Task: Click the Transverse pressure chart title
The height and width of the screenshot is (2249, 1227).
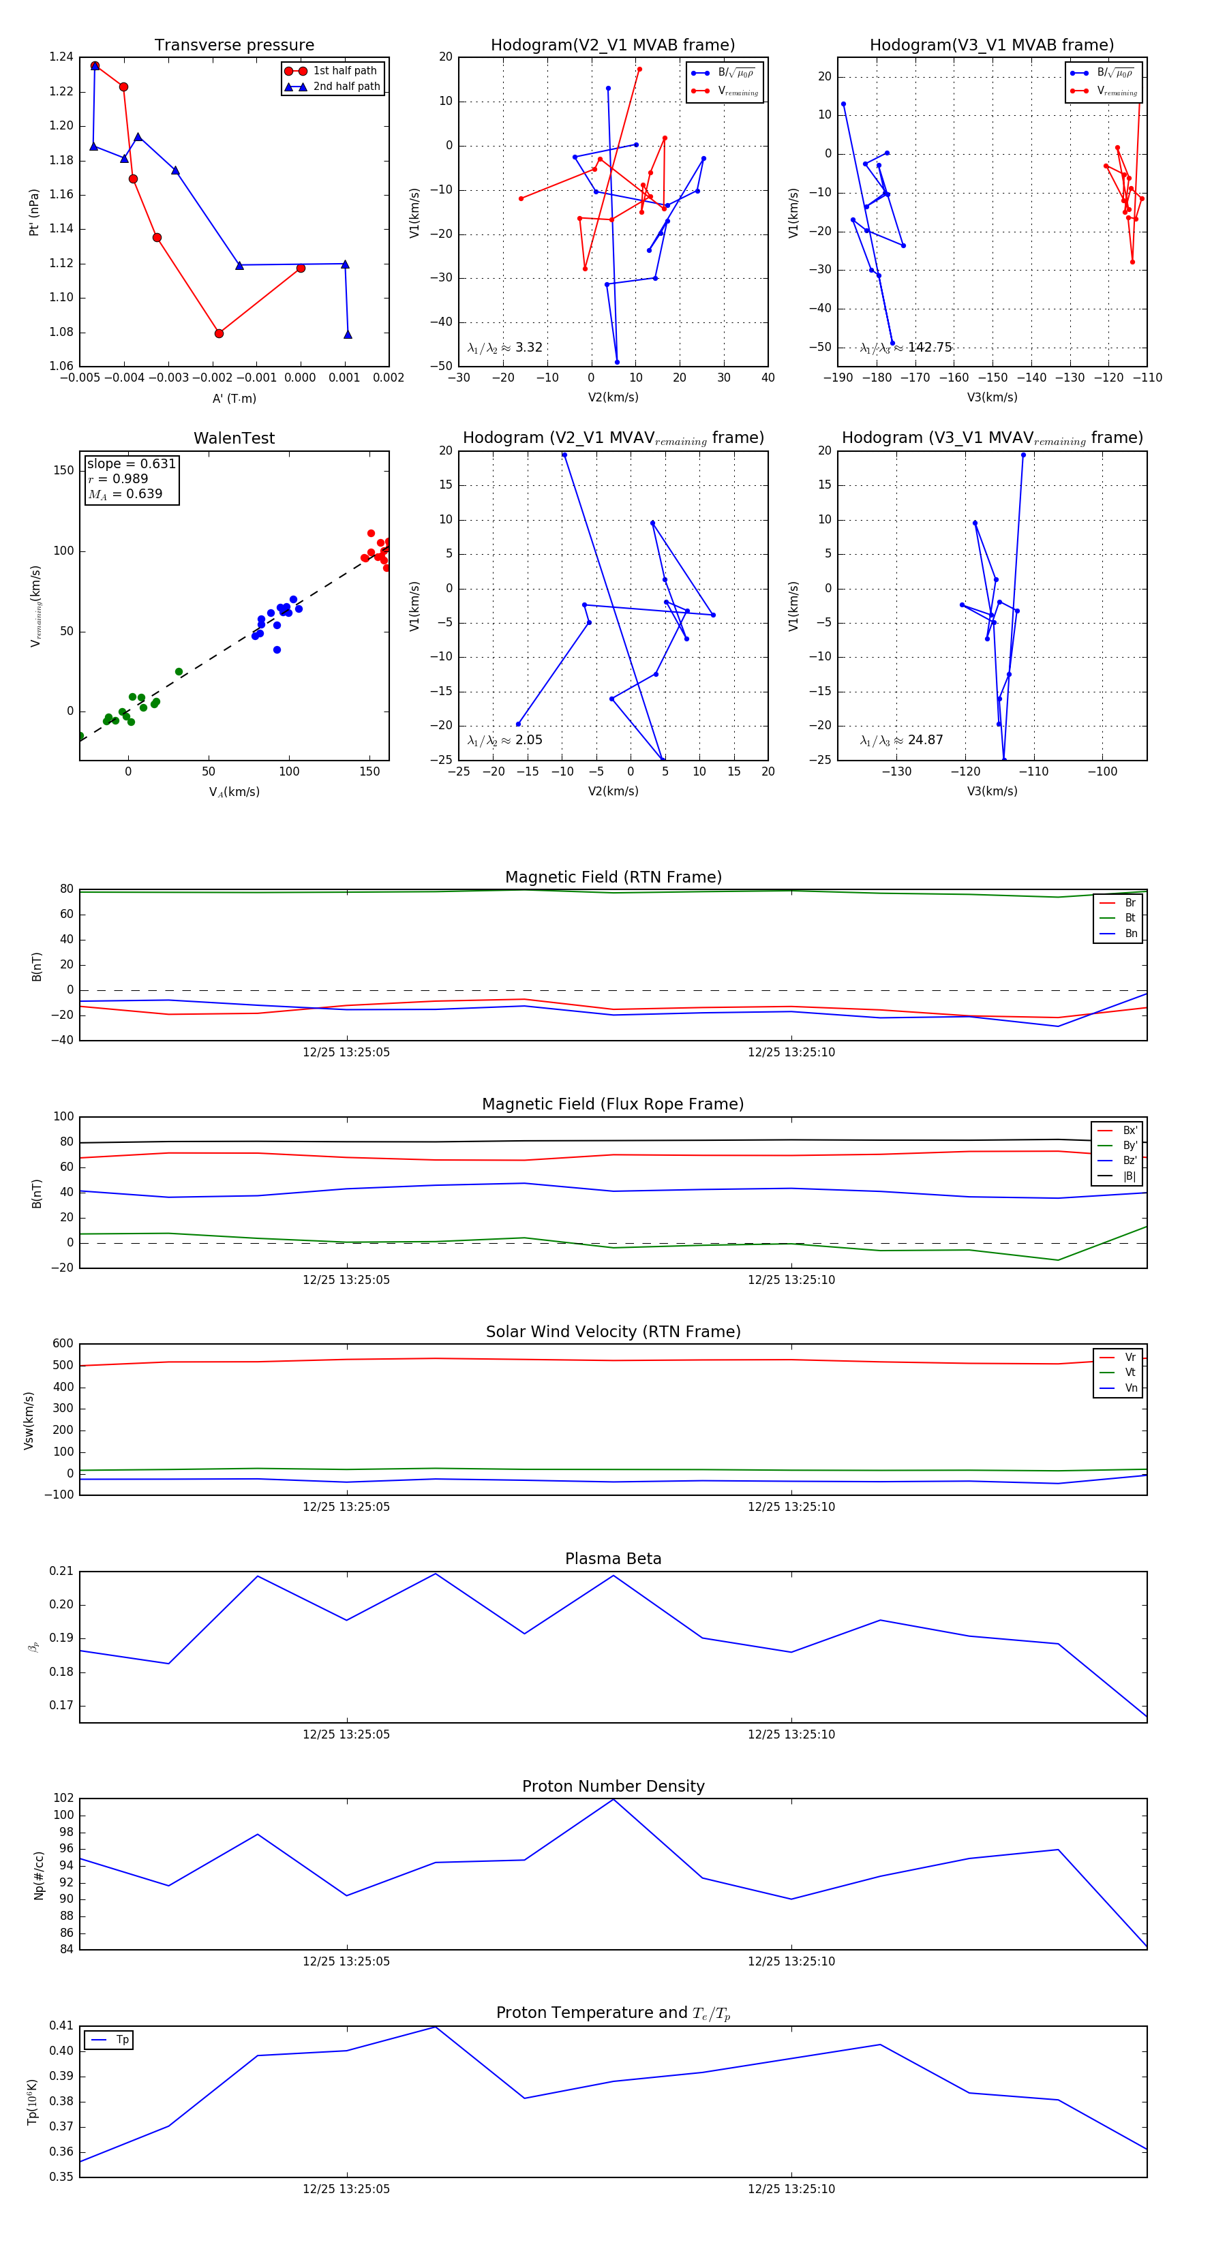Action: coord(234,46)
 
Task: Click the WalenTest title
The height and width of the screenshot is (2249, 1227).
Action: coord(234,438)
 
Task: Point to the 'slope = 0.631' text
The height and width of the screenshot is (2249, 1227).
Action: coord(131,463)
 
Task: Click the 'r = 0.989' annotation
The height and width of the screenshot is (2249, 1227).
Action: coord(118,478)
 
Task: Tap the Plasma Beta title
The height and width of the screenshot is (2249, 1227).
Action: coord(613,1559)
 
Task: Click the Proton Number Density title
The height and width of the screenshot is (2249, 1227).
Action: coord(613,1786)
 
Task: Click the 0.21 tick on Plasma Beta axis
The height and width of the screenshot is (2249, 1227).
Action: coord(62,1572)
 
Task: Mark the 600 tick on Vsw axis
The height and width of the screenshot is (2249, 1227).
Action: coord(63,1344)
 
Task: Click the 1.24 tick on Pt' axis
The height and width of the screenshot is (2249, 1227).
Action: coord(61,57)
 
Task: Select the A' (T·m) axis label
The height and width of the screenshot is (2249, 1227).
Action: coord(234,398)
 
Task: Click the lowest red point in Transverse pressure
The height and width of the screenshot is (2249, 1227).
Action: coord(219,333)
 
